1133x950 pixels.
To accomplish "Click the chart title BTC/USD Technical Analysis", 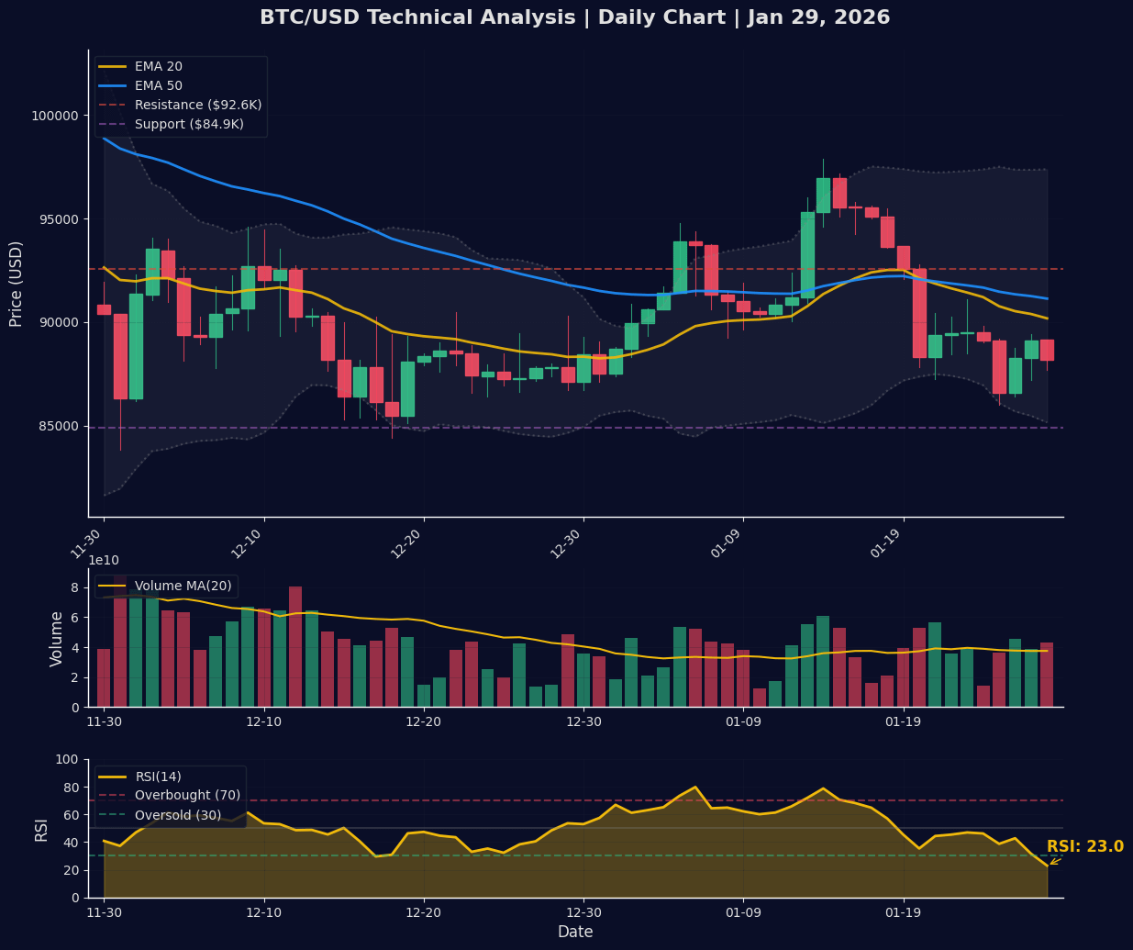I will [574, 17].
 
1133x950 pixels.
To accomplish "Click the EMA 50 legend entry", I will [158, 85].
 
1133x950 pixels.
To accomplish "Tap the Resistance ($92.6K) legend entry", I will [197, 105].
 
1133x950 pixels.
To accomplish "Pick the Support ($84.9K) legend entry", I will [189, 124].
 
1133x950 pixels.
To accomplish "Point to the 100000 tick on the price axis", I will [56, 116].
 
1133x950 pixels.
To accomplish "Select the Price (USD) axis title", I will [17, 284].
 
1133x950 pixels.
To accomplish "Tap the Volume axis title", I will [57, 639].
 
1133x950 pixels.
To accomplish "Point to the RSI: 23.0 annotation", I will [1084, 847].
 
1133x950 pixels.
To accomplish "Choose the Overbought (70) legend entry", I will [187, 795].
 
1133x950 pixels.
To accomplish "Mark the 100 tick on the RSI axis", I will [66, 759].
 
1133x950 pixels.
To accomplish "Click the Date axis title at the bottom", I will [575, 932].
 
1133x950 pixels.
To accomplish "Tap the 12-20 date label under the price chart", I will [410, 543].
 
